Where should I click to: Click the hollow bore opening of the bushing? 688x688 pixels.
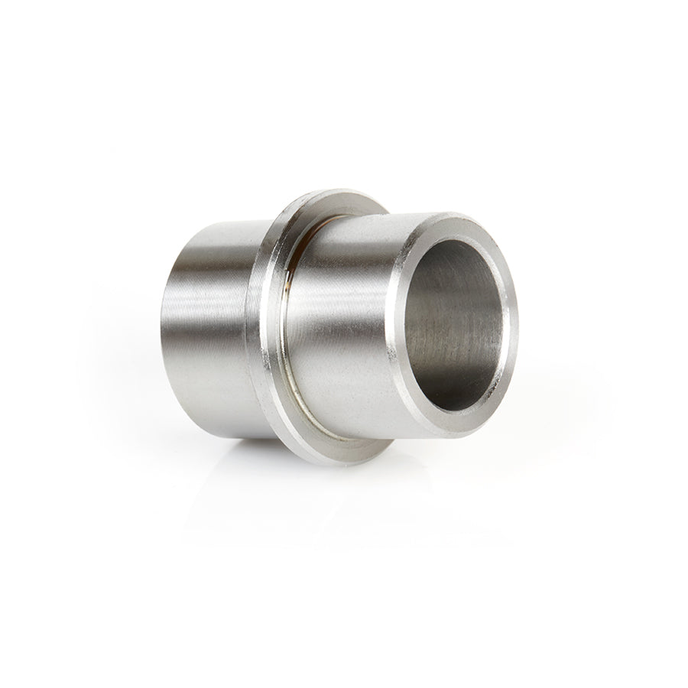tap(456, 324)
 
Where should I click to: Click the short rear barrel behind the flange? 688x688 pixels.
tap(206, 329)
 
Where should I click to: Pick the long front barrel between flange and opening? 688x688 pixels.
tap(344, 329)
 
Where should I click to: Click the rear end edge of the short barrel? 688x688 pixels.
tap(164, 329)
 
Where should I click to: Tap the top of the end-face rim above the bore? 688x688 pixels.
tap(459, 222)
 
